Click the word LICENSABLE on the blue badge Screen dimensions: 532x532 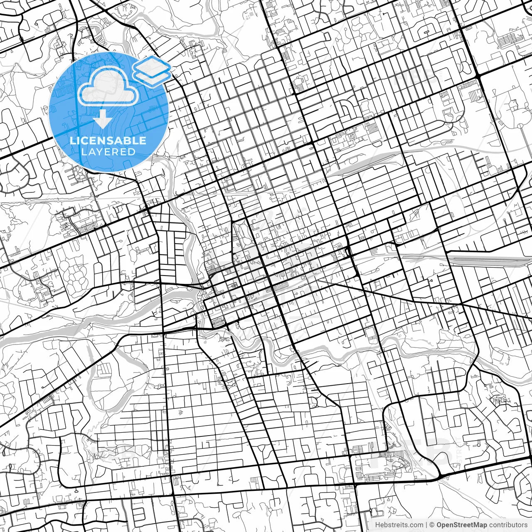click(x=108, y=140)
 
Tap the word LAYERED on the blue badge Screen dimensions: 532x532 click(x=108, y=152)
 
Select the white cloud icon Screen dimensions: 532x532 click(x=108, y=86)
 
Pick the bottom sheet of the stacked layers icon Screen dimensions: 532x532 click(x=153, y=76)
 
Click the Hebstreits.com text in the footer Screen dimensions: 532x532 click(x=399, y=525)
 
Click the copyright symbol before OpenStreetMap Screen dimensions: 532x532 click(x=432, y=525)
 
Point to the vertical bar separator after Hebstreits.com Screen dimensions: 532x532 click(x=426, y=525)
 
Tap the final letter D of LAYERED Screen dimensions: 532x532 click(x=131, y=152)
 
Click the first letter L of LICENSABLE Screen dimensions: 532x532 click(x=73, y=140)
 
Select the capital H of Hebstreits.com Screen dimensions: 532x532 click(x=377, y=525)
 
